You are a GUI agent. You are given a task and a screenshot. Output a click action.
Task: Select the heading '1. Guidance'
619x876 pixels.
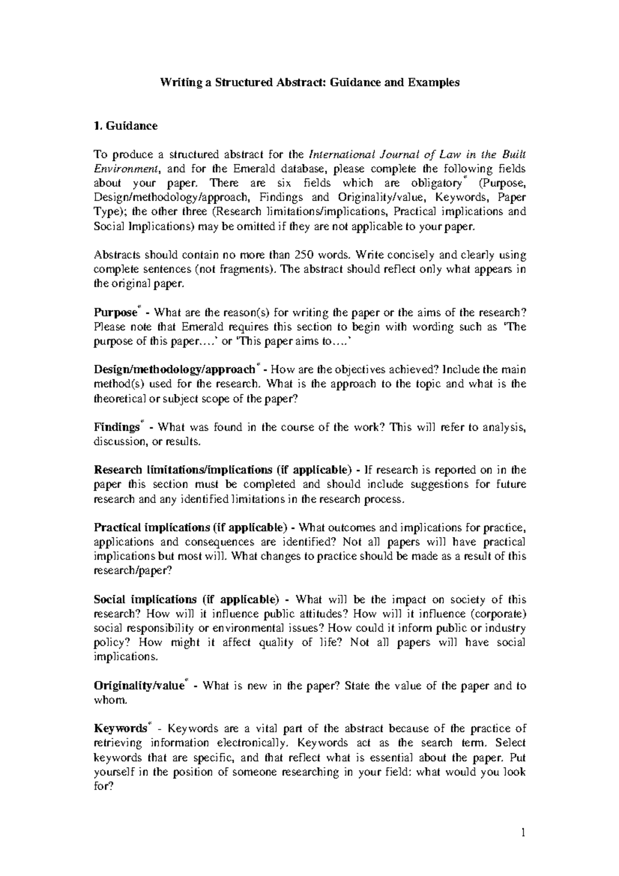(x=125, y=126)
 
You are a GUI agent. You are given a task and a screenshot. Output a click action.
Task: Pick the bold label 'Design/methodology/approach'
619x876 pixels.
(x=174, y=370)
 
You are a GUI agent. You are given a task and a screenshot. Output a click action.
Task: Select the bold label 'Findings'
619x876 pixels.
(x=117, y=427)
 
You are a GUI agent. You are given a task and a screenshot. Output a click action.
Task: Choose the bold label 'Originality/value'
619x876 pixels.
(x=139, y=686)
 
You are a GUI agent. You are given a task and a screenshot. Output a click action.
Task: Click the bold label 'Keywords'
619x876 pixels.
(x=120, y=729)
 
